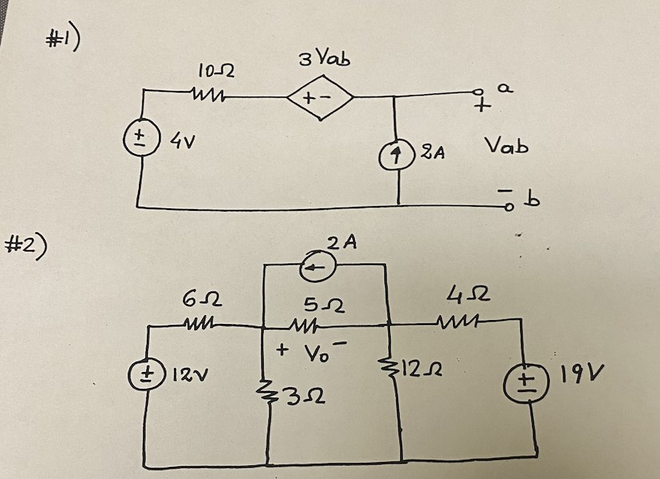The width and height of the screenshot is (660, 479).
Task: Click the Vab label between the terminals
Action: [505, 148]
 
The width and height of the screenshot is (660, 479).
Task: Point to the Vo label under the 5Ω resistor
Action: [306, 350]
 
